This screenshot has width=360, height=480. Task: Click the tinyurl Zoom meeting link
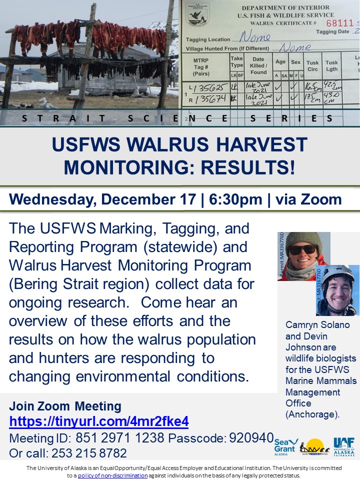[x=99, y=421]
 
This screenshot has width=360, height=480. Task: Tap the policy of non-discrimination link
[x=112, y=475]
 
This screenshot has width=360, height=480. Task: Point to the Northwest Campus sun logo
[x=314, y=446]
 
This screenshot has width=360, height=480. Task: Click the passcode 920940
[x=251, y=438]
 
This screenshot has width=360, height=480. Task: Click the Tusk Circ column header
[x=312, y=66]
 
